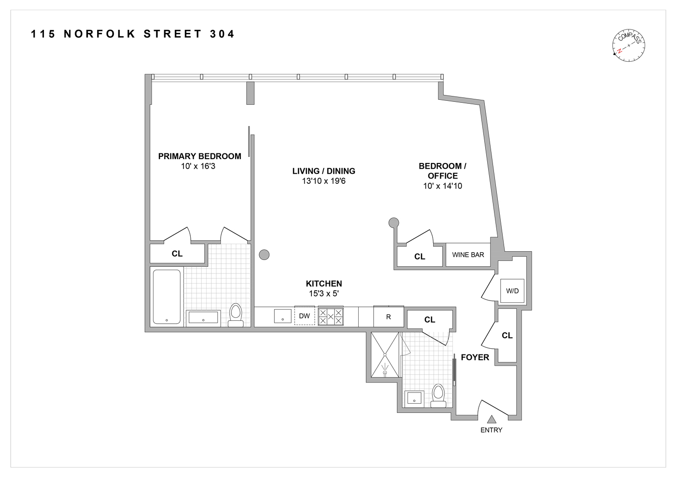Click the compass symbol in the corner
click(x=629, y=45)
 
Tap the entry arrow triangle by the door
click(x=492, y=420)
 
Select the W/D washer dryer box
click(x=512, y=291)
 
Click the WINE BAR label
click(x=468, y=255)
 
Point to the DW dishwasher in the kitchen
click(x=304, y=316)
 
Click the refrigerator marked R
click(x=388, y=317)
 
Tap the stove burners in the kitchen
click(x=331, y=316)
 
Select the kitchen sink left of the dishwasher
click(x=282, y=316)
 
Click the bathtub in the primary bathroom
click(x=167, y=297)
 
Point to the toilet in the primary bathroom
click(x=236, y=315)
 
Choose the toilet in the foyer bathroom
click(x=438, y=395)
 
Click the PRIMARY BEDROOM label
click(x=199, y=156)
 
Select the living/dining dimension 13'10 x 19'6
click(x=324, y=181)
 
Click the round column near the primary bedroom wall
click(x=264, y=255)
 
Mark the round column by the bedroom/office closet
click(x=394, y=222)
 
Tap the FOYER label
click(x=475, y=357)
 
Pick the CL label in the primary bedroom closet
click(x=177, y=254)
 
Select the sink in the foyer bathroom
click(x=414, y=398)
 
